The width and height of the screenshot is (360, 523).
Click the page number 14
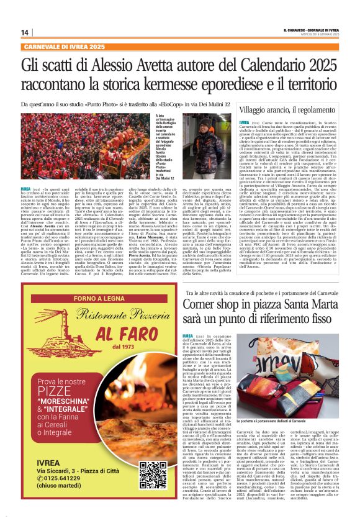(25, 32)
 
